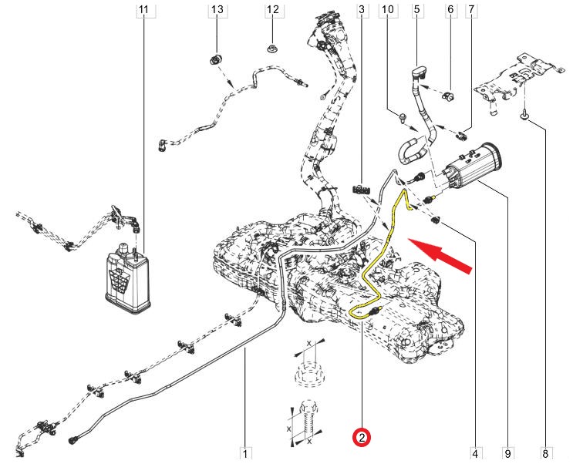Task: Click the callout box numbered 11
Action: (x=143, y=10)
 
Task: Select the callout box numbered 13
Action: (x=217, y=10)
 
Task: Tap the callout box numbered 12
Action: (x=272, y=10)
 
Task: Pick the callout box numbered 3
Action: (x=361, y=10)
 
